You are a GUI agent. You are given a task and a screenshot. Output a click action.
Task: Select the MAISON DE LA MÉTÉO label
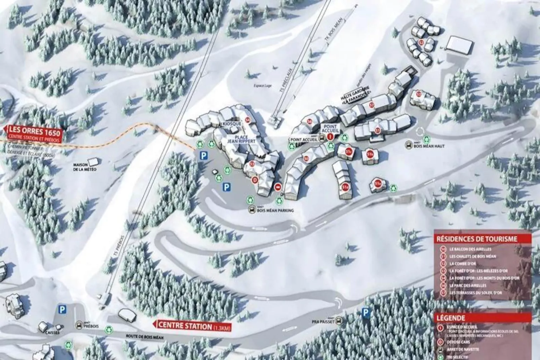pyautogui.click(x=85, y=167)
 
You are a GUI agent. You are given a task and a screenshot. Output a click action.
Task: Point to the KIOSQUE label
pyautogui.click(x=232, y=124)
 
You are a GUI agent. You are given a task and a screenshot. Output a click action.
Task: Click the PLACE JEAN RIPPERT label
pyautogui.click(x=241, y=139)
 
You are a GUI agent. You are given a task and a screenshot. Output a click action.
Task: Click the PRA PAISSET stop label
pyautogui.click(x=323, y=322)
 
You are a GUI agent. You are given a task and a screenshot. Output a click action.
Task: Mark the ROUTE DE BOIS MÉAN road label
pyautogui.click(x=145, y=336)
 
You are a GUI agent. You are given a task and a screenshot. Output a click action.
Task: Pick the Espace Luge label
pyautogui.click(x=262, y=86)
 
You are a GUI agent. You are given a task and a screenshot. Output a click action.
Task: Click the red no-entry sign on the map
pyautogui.click(x=278, y=187)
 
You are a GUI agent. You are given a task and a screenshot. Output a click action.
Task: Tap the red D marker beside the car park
pyautogui.click(x=255, y=180)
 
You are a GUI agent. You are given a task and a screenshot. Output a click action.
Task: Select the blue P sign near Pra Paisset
pyautogui.click(x=365, y=313)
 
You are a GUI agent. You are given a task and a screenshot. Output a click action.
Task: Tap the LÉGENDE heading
pyautogui.click(x=451, y=318)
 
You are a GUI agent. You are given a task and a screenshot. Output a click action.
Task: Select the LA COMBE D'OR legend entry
pyautogui.click(x=463, y=264)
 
